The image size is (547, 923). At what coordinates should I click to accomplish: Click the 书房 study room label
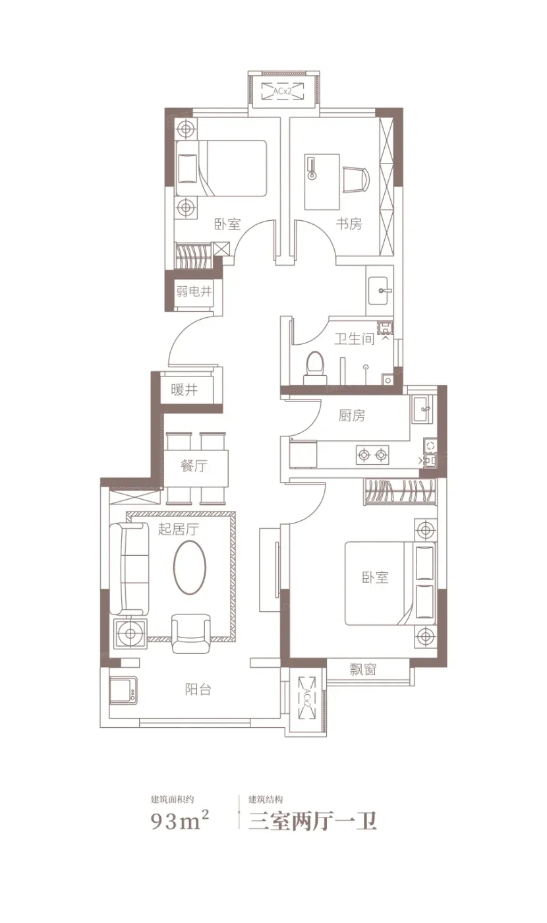click(349, 223)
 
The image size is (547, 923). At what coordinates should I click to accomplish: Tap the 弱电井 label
click(194, 291)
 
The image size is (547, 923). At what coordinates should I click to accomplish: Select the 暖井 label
click(184, 390)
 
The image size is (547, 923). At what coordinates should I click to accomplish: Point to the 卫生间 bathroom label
click(355, 339)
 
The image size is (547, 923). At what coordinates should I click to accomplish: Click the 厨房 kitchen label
click(352, 415)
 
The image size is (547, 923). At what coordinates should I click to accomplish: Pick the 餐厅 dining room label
click(194, 466)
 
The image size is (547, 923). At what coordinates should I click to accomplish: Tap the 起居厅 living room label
click(179, 529)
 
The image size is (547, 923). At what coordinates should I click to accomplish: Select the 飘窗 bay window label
click(363, 669)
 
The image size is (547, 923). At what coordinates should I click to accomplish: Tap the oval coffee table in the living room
click(190, 567)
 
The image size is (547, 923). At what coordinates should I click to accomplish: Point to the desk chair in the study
click(355, 179)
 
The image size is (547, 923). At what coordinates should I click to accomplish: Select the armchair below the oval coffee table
click(190, 634)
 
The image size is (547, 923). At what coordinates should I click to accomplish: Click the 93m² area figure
click(180, 821)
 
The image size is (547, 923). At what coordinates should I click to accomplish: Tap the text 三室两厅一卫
click(312, 821)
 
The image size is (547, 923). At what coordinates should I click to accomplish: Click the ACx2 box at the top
click(283, 91)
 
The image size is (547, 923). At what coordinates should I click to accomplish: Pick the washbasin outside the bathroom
click(380, 291)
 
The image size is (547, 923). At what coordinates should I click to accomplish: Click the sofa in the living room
click(129, 569)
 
